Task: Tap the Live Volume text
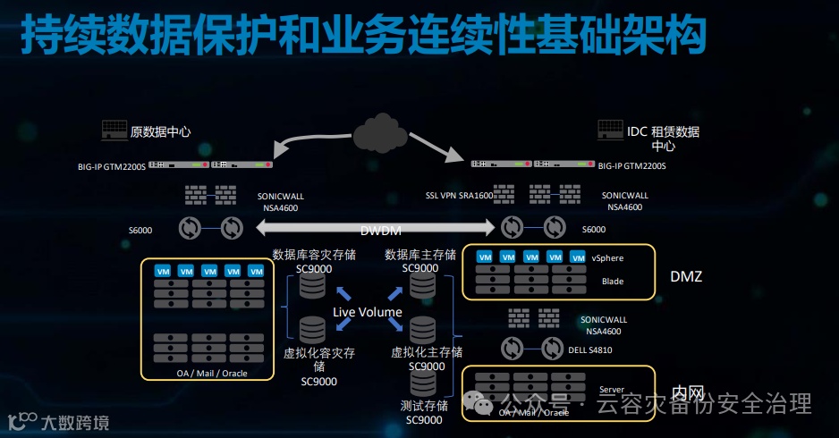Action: [367, 312]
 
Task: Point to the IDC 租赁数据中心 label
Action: [663, 139]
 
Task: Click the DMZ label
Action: [686, 276]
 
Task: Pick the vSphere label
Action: [608, 257]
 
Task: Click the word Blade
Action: [613, 281]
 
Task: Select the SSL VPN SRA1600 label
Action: [459, 195]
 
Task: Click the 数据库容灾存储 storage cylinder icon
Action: [312, 286]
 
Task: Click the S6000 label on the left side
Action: [140, 230]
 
